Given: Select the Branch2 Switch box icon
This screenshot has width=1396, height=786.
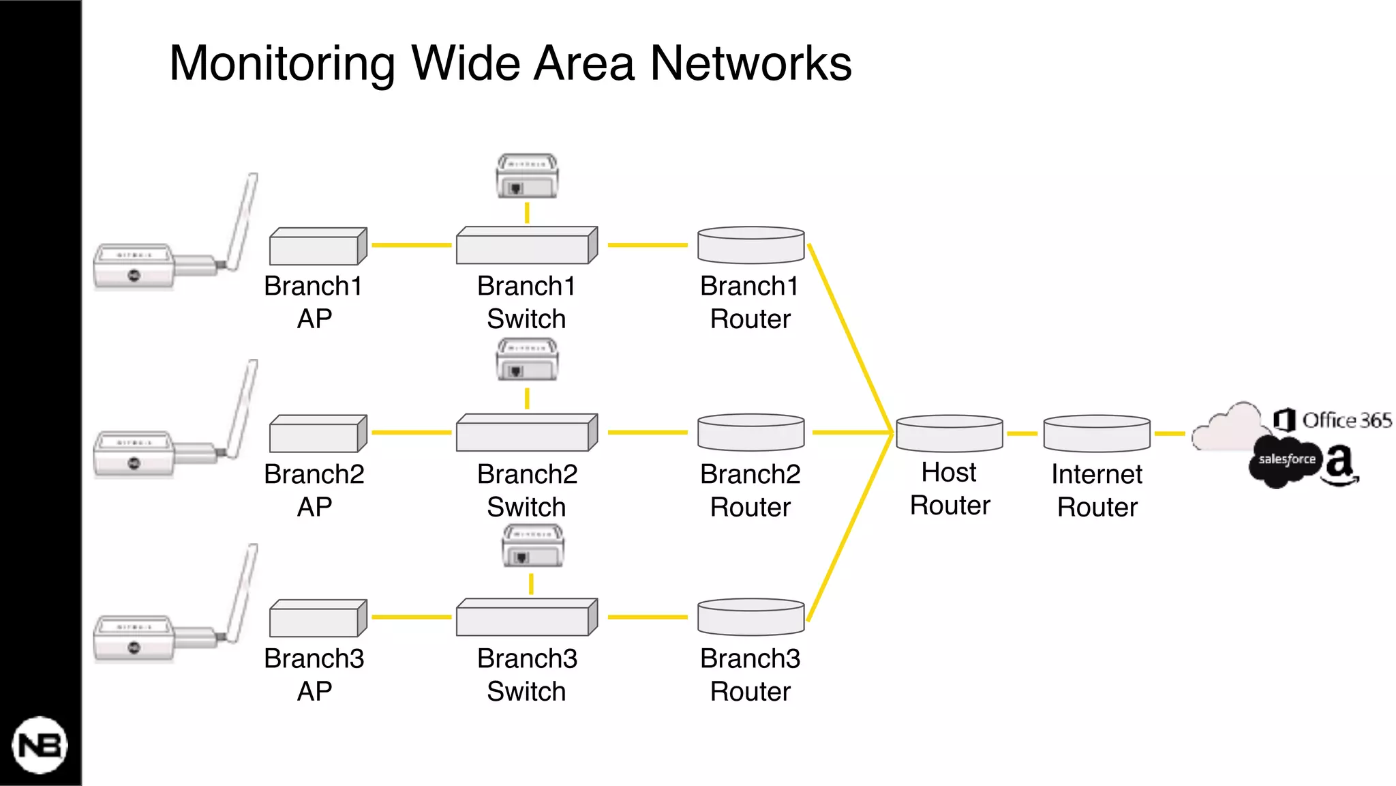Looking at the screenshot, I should coord(526,433).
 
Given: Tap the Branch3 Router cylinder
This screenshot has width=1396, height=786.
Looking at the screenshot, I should coord(750,617).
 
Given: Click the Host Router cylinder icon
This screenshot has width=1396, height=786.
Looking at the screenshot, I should coord(949,434).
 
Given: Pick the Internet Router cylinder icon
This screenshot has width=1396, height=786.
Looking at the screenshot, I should coord(1097,434).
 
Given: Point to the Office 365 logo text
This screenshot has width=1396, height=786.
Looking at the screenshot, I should coord(1346,420).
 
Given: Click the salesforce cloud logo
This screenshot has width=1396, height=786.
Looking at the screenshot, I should coord(1286,461).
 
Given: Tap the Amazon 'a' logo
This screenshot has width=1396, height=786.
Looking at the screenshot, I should coord(1340,465).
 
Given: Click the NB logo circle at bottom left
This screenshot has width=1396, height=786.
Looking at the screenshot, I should coord(40,745).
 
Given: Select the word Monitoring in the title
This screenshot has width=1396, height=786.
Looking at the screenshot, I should coord(282,63).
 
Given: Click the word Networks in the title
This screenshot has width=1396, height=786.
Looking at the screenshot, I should coord(750,63).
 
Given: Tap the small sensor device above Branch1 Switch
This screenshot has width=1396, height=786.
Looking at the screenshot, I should coord(527,176).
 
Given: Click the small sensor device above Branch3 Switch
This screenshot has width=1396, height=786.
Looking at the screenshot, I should coord(532,546).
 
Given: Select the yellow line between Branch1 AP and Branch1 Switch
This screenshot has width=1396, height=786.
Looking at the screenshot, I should coord(411,245).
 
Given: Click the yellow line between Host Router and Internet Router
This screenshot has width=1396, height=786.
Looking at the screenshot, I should coord(1022,433).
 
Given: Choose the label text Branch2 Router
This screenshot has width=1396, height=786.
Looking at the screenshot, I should coord(750,491).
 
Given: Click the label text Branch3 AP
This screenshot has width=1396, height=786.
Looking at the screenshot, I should coord(314,675).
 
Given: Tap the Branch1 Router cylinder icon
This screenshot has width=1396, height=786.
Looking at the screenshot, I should coord(750,246).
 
